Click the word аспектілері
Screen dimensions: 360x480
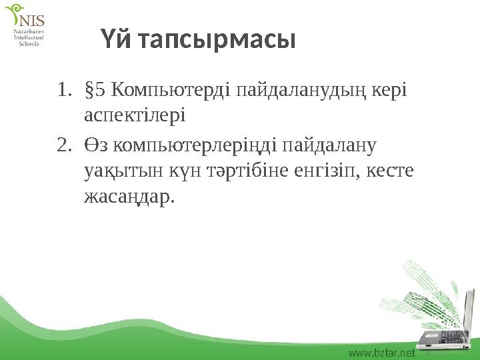(x=135, y=116)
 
